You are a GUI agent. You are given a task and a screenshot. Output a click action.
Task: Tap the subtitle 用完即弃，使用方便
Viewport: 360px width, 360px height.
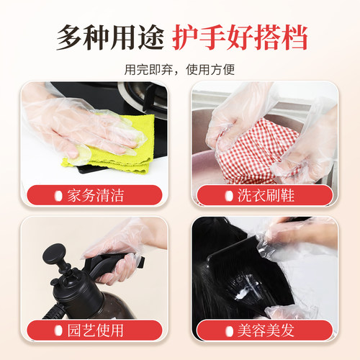point(179,70)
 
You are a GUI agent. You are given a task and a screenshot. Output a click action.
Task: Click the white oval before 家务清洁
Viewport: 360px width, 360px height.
point(58,196)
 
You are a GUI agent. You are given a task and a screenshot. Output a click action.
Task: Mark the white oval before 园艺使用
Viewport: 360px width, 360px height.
point(58,330)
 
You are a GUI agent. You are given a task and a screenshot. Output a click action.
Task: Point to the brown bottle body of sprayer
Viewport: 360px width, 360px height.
point(68,302)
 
